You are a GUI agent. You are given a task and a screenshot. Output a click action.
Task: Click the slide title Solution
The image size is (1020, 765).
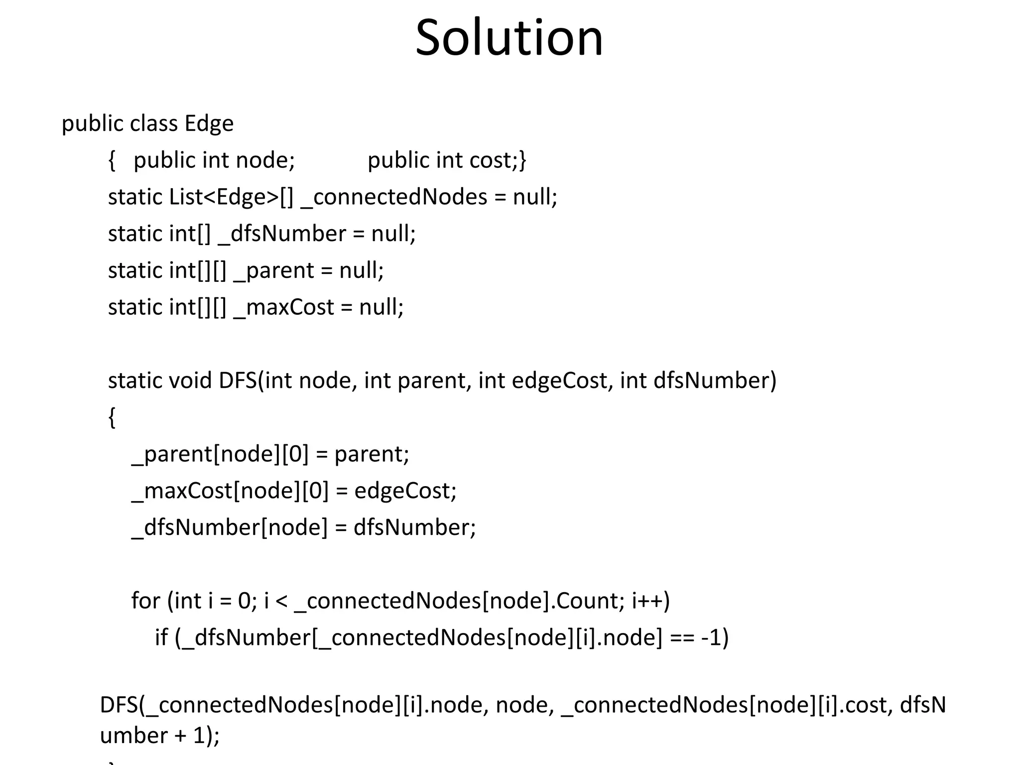(509, 38)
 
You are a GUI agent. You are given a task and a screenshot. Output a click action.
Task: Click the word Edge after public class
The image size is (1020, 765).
(209, 124)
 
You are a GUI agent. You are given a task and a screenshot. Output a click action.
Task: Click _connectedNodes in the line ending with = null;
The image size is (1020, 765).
(394, 197)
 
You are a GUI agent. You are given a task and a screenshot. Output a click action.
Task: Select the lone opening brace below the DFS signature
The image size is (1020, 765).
(112, 417)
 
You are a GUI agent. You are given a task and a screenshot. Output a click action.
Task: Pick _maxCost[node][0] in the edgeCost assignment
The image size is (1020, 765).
(230, 491)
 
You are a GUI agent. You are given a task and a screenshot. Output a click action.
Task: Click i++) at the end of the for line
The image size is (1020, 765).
(650, 601)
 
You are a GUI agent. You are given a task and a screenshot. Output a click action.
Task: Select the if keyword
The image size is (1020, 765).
(161, 637)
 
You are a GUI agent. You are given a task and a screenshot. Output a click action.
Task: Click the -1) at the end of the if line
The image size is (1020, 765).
(714, 637)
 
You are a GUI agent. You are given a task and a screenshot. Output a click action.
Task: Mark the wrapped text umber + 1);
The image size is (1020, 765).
(159, 736)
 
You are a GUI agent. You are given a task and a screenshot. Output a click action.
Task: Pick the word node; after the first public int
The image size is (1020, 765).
(265, 160)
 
